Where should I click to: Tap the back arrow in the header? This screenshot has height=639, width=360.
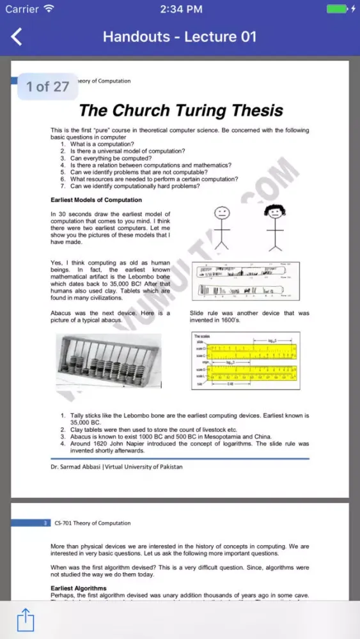point(17,36)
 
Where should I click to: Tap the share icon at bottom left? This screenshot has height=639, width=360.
point(25,619)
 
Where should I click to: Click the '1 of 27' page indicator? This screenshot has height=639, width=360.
point(47,86)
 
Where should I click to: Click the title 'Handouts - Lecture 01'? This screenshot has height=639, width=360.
point(180,36)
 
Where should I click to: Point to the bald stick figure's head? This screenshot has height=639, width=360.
point(221,212)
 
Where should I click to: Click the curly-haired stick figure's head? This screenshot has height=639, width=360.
point(275,211)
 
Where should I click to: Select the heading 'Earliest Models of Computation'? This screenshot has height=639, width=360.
point(96,200)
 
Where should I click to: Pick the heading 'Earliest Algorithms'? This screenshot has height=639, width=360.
point(79,588)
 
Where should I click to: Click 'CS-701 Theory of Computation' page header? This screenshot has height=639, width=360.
point(93,523)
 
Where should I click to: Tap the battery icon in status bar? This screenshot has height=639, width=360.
point(337,9)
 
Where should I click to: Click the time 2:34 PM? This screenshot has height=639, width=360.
point(181,9)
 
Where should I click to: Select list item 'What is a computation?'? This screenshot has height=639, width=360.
point(102,144)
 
